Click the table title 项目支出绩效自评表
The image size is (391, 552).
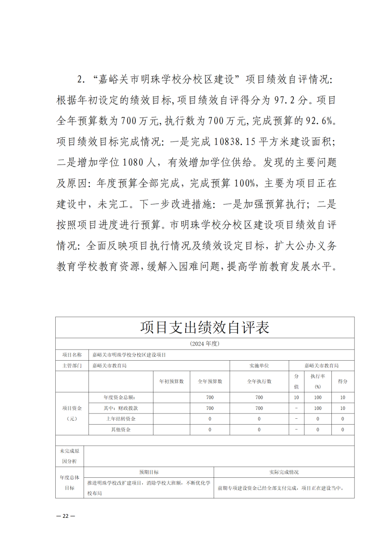tap(205, 327)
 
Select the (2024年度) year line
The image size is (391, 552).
tap(205, 344)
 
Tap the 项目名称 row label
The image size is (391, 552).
tap(72, 355)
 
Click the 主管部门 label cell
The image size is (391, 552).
tap(72, 366)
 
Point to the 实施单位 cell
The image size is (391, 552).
tap(259, 366)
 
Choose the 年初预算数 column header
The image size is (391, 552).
tap(172, 381)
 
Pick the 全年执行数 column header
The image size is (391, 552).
tap(259, 381)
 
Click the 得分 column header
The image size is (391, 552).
tap(343, 381)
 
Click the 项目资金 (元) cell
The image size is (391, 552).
tap(72, 413)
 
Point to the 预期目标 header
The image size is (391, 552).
tap(149, 472)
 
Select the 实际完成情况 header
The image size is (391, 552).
tap(284, 472)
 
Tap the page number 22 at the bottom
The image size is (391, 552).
tap(65, 516)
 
